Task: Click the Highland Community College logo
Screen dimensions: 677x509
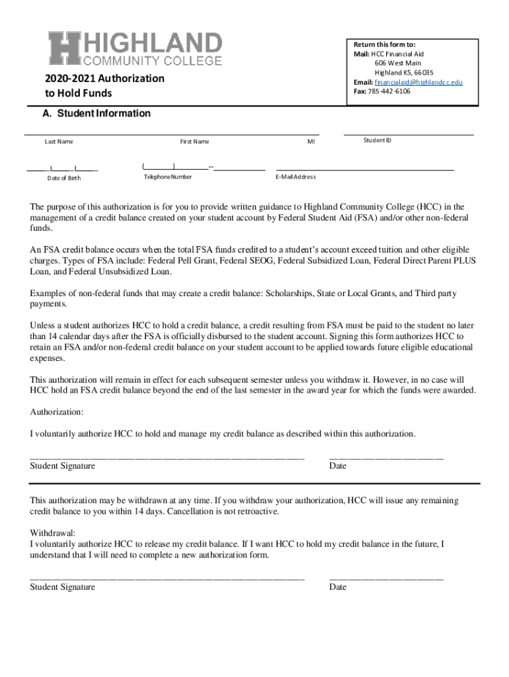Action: click(134, 50)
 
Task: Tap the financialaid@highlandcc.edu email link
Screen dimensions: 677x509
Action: click(418, 82)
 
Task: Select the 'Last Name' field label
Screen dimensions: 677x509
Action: click(59, 141)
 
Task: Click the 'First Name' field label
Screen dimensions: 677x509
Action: click(194, 141)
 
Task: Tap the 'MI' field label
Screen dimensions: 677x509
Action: click(311, 141)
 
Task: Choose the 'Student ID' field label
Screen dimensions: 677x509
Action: click(377, 140)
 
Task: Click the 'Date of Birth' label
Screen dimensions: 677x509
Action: click(64, 178)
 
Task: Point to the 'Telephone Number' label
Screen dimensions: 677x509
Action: click(168, 177)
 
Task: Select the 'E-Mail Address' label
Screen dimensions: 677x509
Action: click(295, 177)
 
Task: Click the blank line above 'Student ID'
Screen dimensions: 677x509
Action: click(409, 134)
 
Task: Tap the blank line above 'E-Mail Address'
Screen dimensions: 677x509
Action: click(365, 171)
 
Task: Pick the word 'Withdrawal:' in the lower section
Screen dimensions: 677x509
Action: click(53, 533)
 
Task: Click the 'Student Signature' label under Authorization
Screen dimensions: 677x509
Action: click(63, 466)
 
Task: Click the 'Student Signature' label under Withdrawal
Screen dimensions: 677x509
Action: click(63, 587)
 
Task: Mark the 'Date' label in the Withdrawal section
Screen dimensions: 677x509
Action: click(338, 587)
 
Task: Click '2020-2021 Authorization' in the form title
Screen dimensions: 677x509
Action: click(105, 79)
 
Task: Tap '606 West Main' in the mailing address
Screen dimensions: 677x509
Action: click(398, 63)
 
